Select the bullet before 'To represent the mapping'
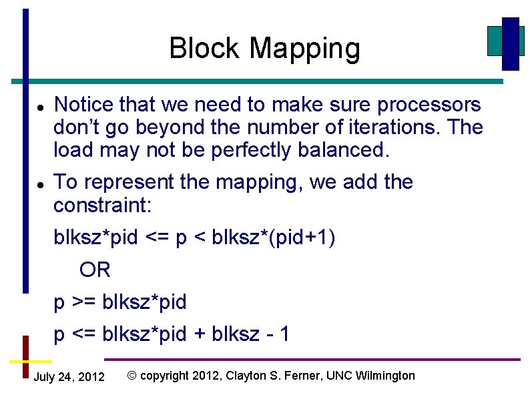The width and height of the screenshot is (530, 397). (x=40, y=183)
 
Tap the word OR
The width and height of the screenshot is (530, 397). (x=95, y=270)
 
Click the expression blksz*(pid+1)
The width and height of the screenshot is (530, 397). (x=273, y=238)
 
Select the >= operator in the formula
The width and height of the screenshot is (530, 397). (x=83, y=302)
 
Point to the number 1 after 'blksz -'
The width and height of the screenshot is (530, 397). (x=285, y=334)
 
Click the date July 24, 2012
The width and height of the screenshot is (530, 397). (x=69, y=377)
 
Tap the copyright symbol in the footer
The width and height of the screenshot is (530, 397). (x=131, y=376)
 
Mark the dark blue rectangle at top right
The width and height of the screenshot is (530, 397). (x=511, y=43)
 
